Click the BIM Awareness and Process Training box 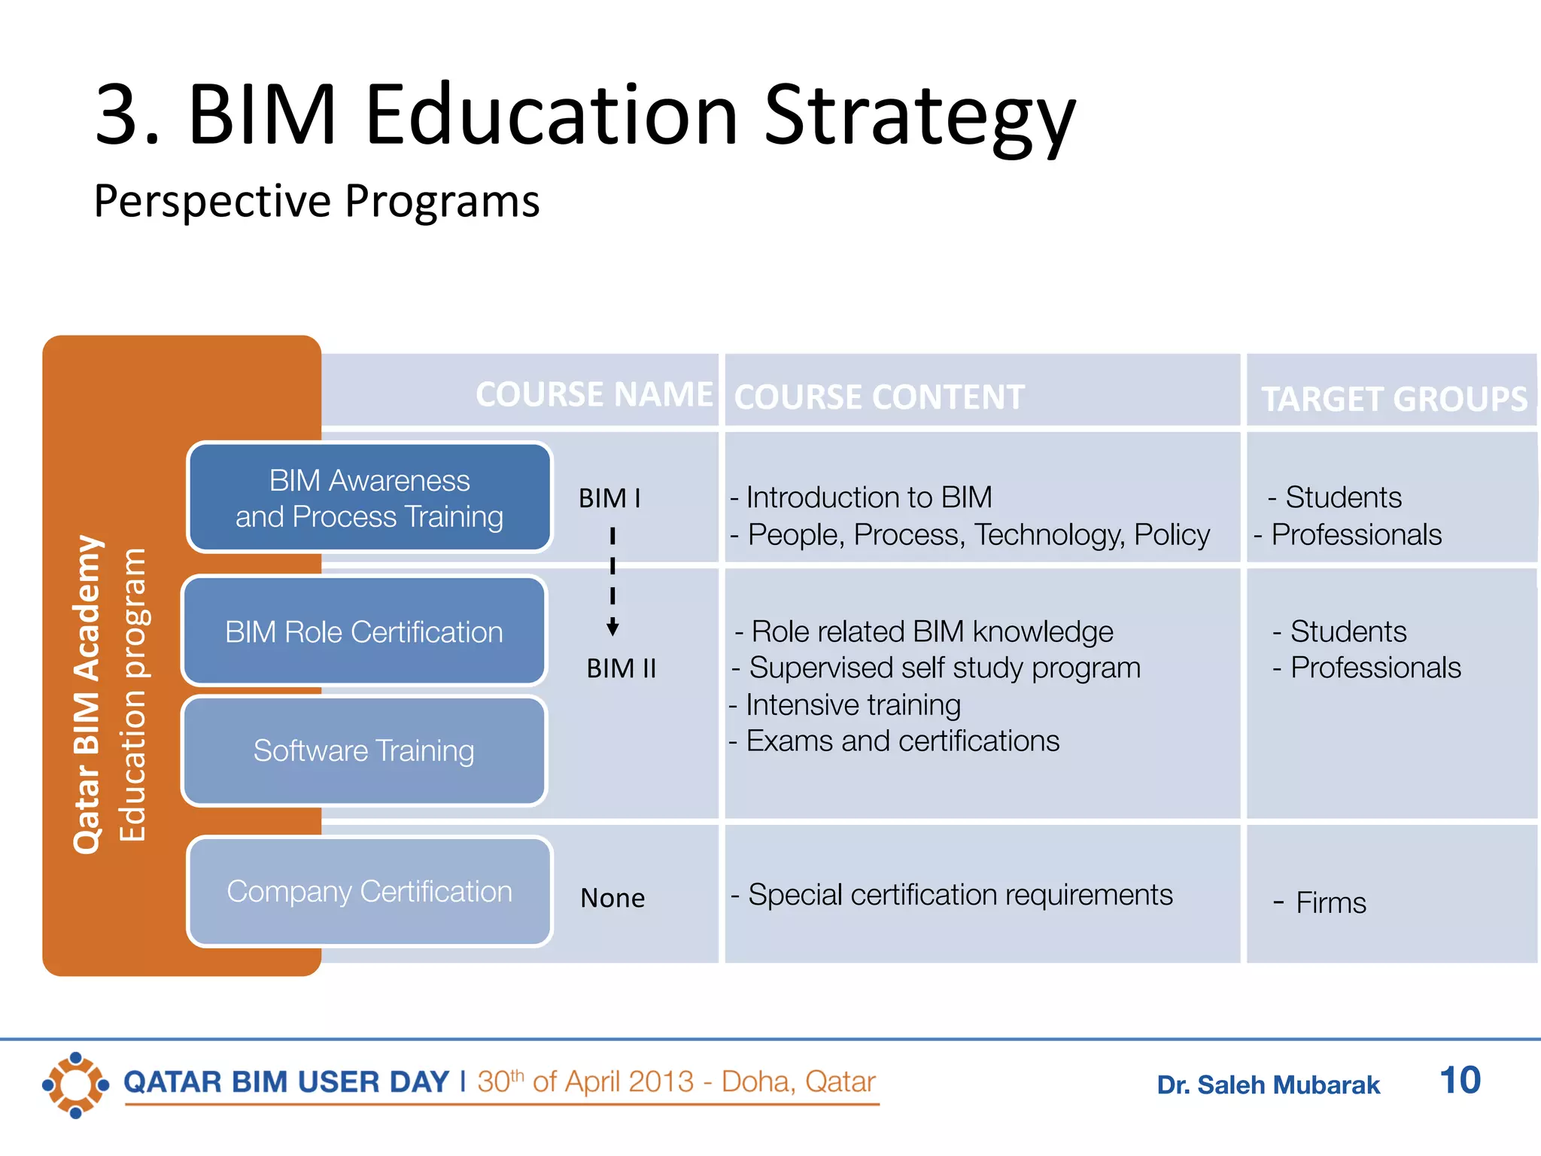369,497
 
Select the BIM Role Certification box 364,631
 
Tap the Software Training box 364,750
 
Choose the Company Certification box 369,891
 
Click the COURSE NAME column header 594,394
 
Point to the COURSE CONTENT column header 879,397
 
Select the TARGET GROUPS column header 1394,398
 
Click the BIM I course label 609,498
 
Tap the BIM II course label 621,668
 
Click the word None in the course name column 612,898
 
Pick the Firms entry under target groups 1329,902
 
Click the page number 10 1459,1081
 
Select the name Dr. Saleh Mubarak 1268,1085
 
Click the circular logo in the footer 75,1085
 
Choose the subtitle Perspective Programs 317,201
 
